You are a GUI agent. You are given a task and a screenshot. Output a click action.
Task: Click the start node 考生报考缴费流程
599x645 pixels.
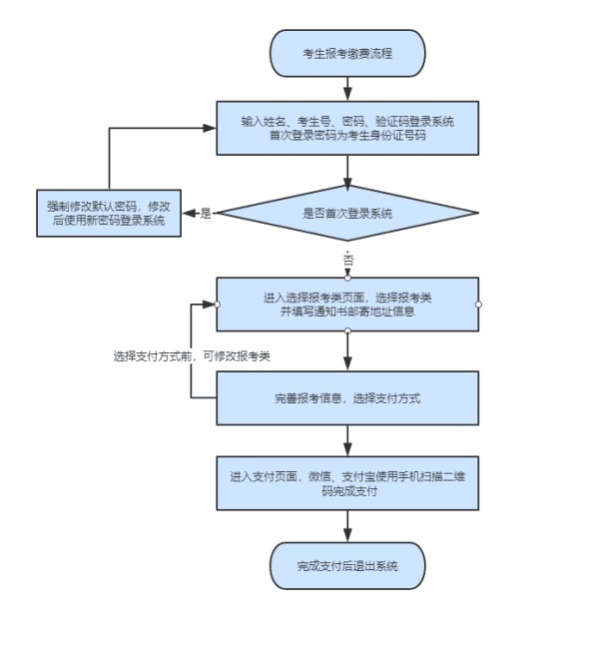[347, 53]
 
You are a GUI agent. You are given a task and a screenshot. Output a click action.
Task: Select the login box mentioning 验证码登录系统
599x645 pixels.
[347, 128]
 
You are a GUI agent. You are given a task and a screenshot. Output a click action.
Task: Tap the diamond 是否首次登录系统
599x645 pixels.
[347, 213]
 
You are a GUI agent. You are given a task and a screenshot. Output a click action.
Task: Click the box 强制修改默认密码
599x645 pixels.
[108, 213]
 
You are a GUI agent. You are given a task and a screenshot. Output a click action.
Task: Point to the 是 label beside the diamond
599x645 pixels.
[207, 213]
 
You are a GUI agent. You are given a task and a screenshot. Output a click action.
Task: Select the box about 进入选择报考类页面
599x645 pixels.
[347, 304]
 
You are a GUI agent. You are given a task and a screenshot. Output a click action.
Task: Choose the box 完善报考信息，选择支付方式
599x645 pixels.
[347, 398]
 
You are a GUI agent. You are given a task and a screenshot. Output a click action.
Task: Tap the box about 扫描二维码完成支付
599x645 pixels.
[347, 483]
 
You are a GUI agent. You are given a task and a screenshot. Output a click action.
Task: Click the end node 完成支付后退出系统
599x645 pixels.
[347, 566]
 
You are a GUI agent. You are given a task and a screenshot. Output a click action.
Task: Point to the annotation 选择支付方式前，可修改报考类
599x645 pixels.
[192, 355]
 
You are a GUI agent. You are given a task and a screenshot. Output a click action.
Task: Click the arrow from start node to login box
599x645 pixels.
[347, 88]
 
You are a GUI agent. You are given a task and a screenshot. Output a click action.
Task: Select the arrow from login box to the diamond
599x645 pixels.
[347, 172]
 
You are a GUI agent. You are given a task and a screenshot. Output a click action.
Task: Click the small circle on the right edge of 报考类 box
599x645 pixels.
[478, 304]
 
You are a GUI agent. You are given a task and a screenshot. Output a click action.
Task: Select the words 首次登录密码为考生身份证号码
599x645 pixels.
[347, 136]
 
